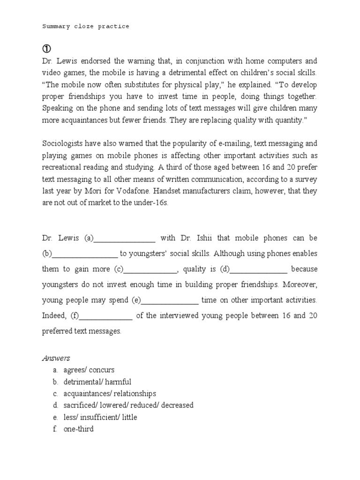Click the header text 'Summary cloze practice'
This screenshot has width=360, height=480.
click(85, 27)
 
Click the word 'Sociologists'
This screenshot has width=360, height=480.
click(63, 143)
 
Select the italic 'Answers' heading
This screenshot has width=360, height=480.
click(56, 358)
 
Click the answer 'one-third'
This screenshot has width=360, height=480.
click(78, 428)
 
